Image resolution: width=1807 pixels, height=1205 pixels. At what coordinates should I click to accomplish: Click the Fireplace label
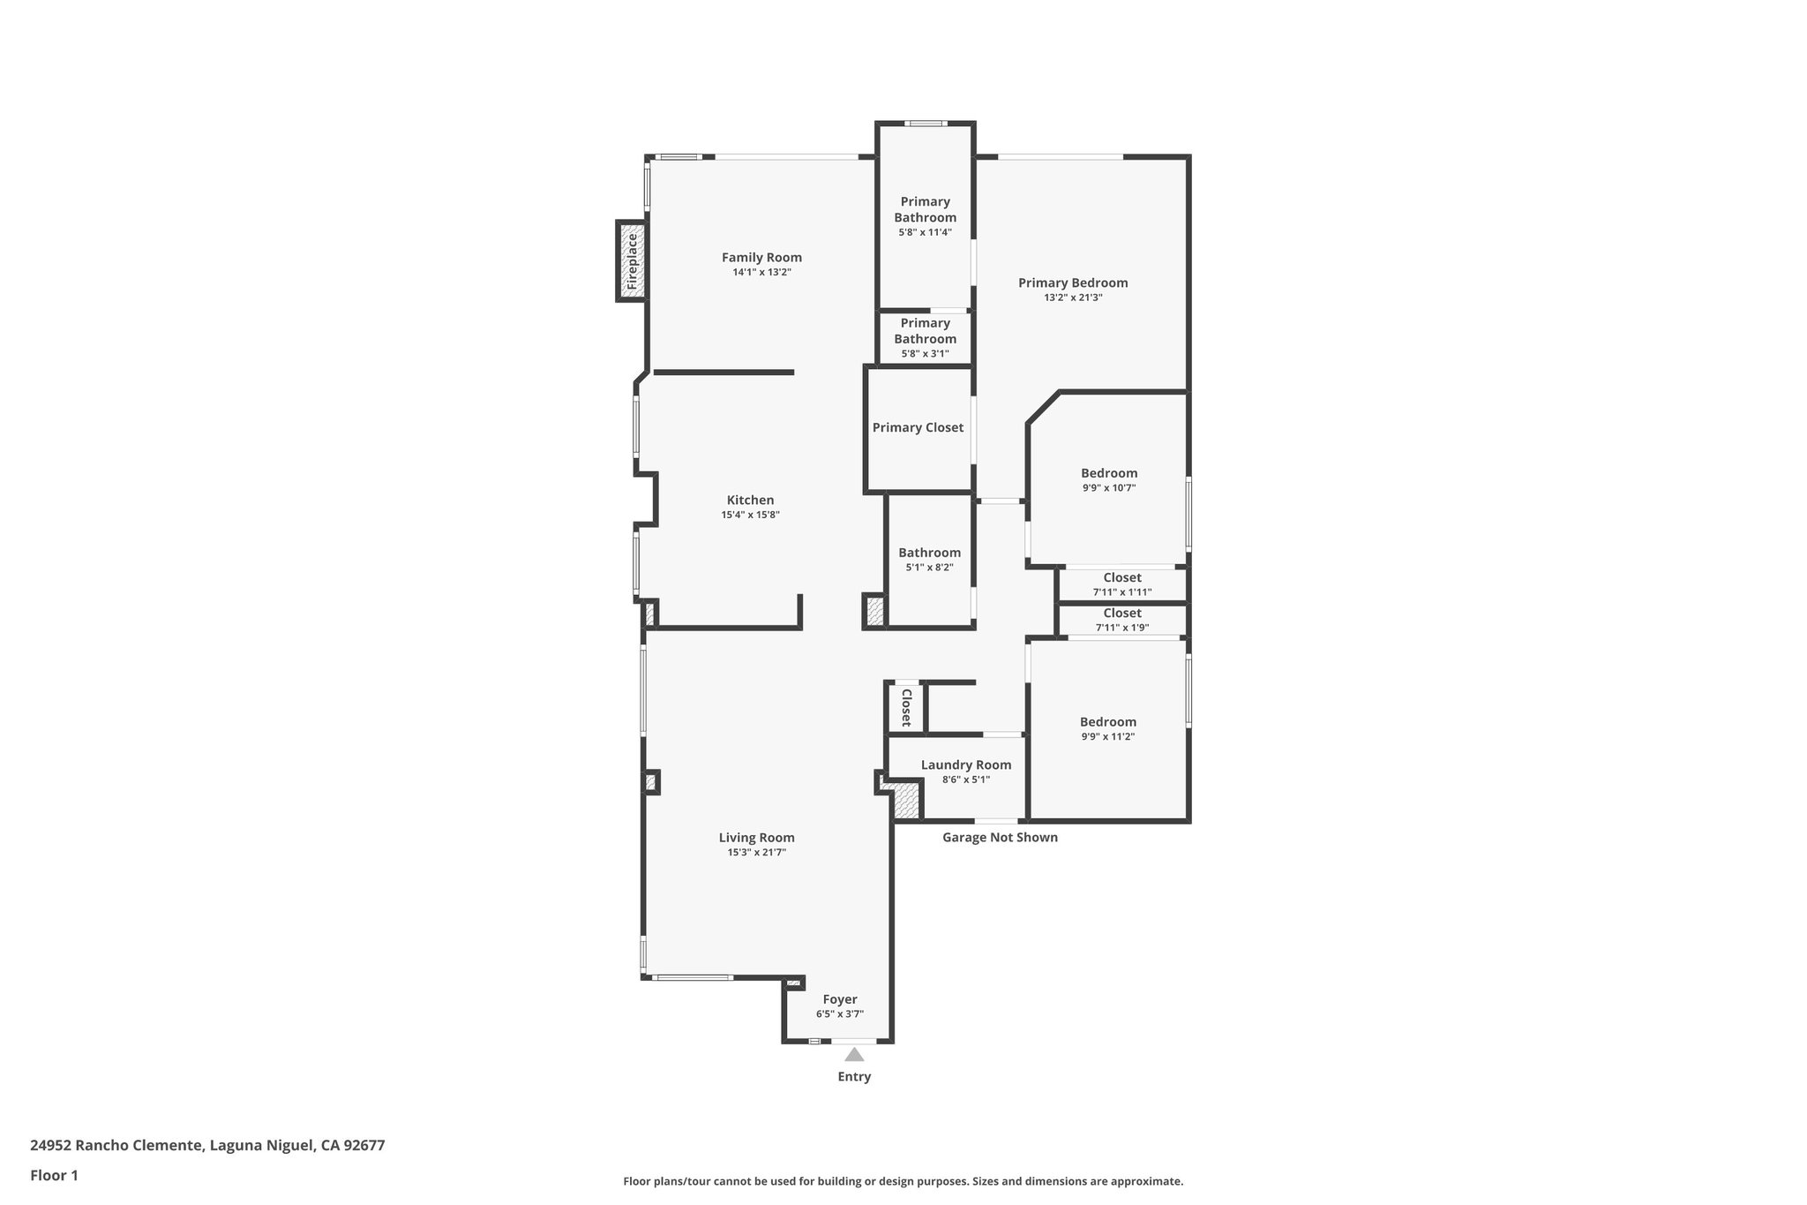coord(632,262)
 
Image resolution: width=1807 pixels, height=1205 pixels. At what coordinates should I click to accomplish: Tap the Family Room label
coord(761,258)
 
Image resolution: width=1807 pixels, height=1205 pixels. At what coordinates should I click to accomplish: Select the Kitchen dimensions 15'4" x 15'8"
coord(750,515)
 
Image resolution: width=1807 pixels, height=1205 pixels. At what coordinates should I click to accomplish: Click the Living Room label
coord(756,838)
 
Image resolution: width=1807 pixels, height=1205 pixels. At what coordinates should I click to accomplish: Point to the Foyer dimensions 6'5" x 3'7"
coord(839,1014)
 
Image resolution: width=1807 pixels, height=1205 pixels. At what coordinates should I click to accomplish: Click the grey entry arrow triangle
coord(854,1054)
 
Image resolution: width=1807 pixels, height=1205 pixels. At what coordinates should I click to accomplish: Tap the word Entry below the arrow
coord(854,1077)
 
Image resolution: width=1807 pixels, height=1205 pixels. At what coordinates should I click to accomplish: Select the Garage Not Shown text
coord(1000,837)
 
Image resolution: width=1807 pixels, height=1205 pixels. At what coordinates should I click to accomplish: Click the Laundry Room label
coord(966,764)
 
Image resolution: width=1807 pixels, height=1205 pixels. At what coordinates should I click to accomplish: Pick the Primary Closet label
coord(918,427)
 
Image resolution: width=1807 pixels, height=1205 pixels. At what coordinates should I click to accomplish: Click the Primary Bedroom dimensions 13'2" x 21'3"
coord(1073,297)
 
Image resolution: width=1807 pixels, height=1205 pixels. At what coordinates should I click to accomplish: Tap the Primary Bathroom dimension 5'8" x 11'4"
coord(925,232)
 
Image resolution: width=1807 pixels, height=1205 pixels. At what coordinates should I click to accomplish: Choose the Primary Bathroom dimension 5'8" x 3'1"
coord(925,353)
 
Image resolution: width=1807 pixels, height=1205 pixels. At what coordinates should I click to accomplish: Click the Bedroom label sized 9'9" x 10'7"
coord(1109,473)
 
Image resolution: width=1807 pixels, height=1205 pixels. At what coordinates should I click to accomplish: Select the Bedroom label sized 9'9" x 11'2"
coord(1108,722)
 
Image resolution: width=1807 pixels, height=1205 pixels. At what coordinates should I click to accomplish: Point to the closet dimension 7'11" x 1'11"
coord(1122,592)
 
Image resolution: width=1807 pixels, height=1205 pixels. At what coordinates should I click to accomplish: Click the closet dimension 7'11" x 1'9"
coord(1122,628)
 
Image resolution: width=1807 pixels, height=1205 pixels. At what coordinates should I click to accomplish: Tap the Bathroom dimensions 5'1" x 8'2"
coord(929,568)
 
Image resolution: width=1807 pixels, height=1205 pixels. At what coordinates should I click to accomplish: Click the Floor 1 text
coord(55,1175)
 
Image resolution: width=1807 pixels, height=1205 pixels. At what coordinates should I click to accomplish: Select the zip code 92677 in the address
coord(364,1146)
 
